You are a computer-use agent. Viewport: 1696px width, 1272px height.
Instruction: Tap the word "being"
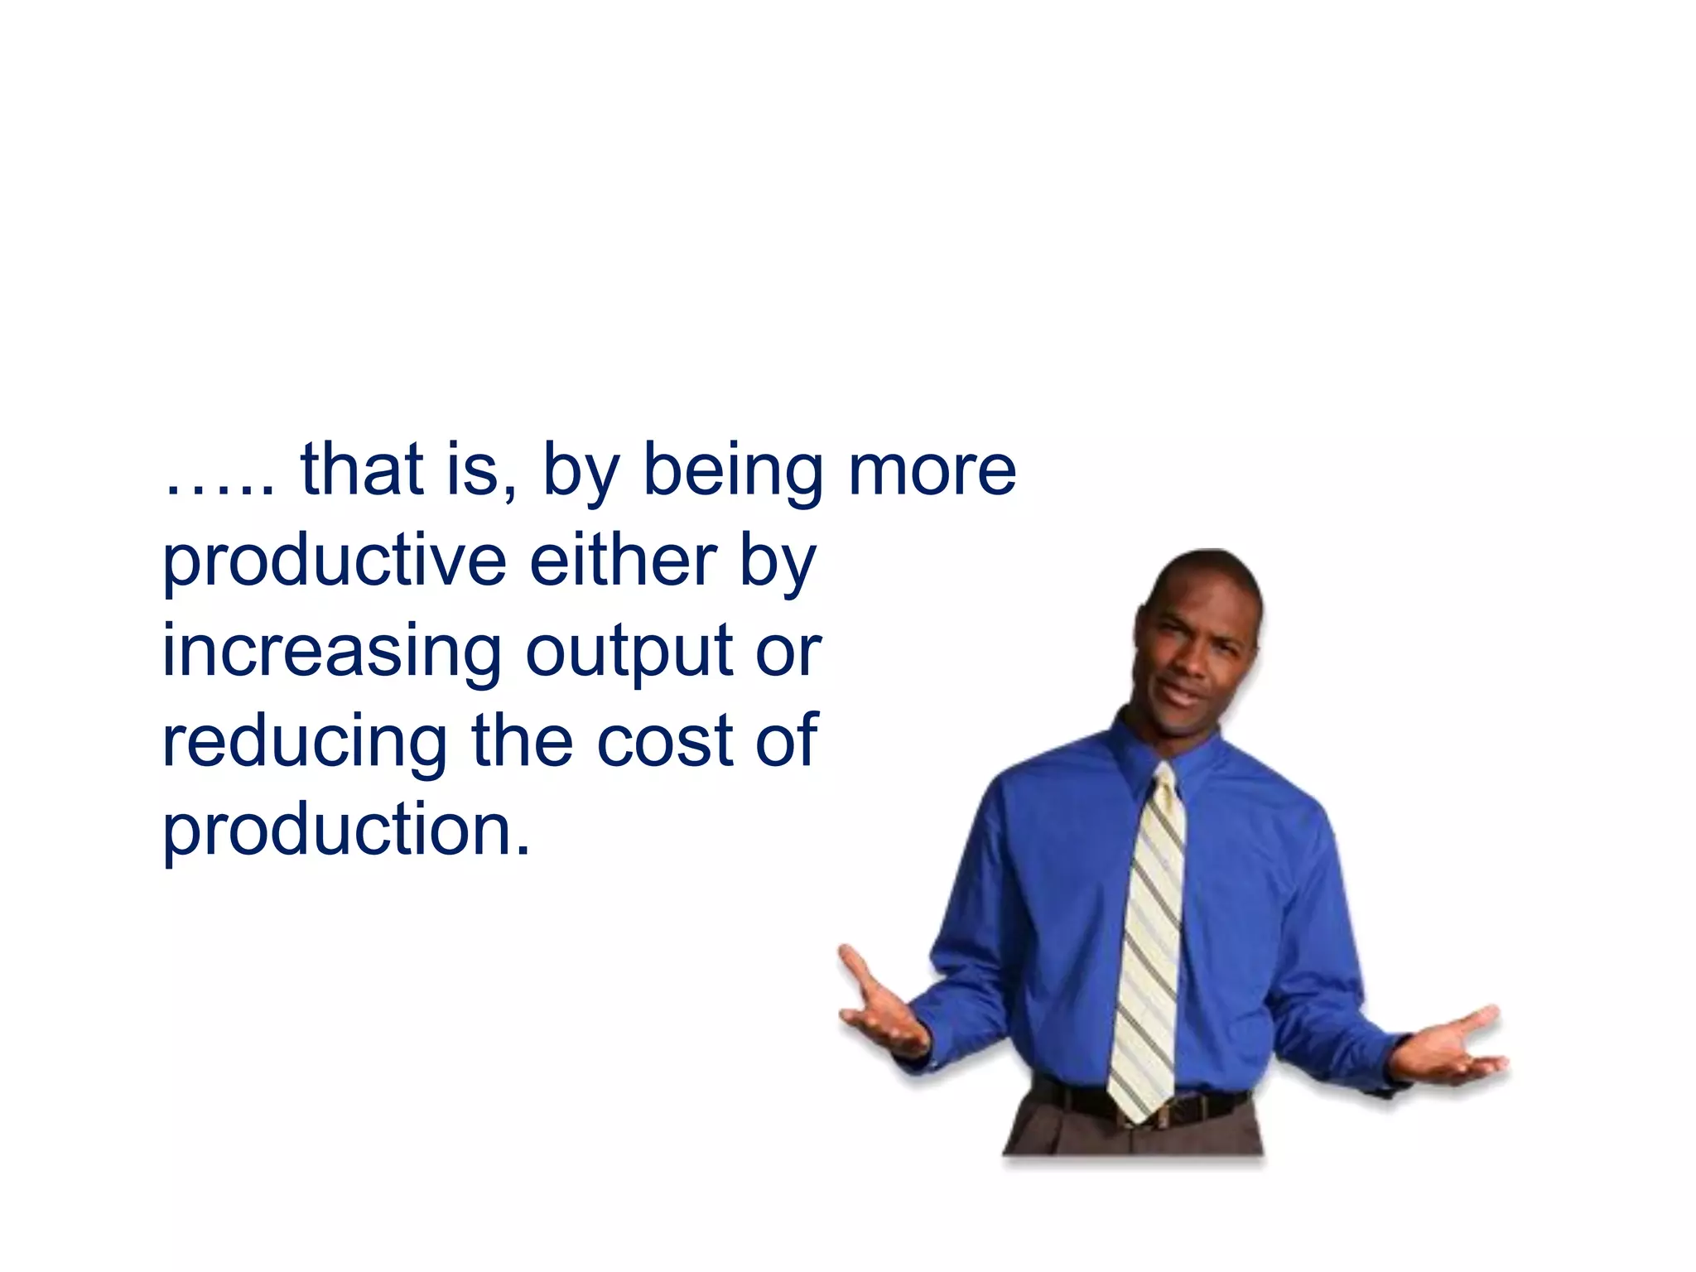point(732,472)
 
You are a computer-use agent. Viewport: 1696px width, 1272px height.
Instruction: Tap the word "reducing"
point(304,741)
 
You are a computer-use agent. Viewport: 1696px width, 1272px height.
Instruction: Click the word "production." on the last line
point(346,831)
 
